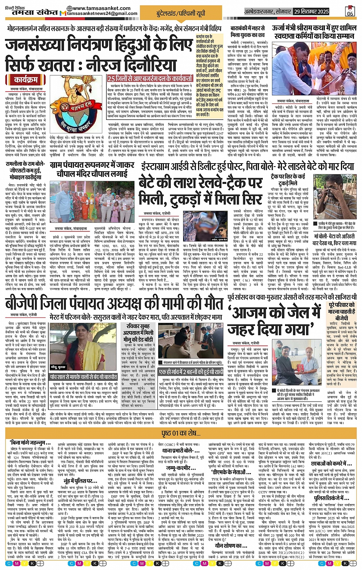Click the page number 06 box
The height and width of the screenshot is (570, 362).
click(x=350, y=11)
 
